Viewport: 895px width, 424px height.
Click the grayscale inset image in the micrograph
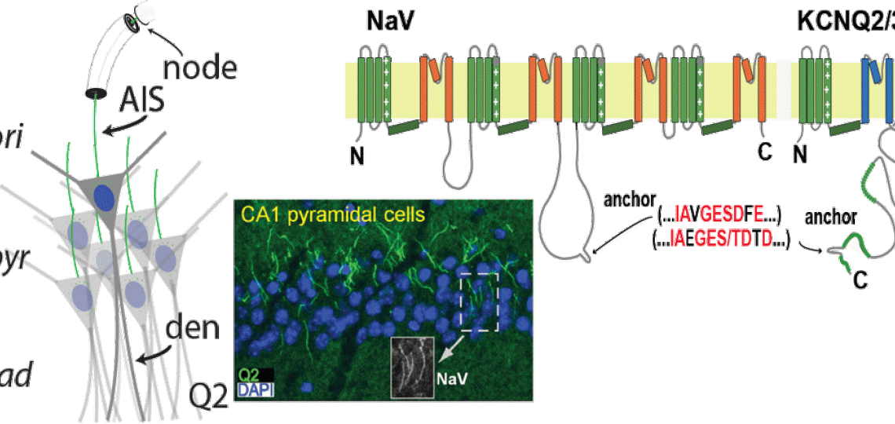412,369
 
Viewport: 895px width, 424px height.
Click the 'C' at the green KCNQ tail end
860,281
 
